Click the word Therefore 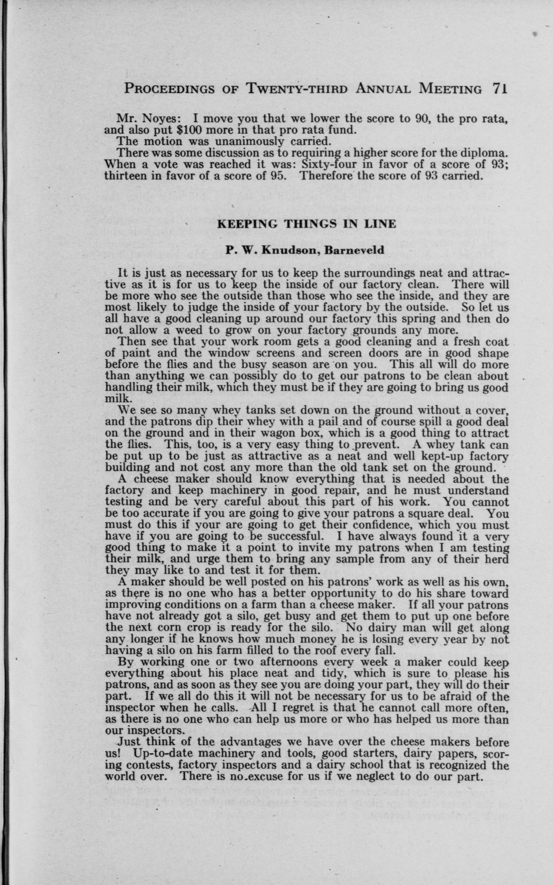(x=326, y=176)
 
